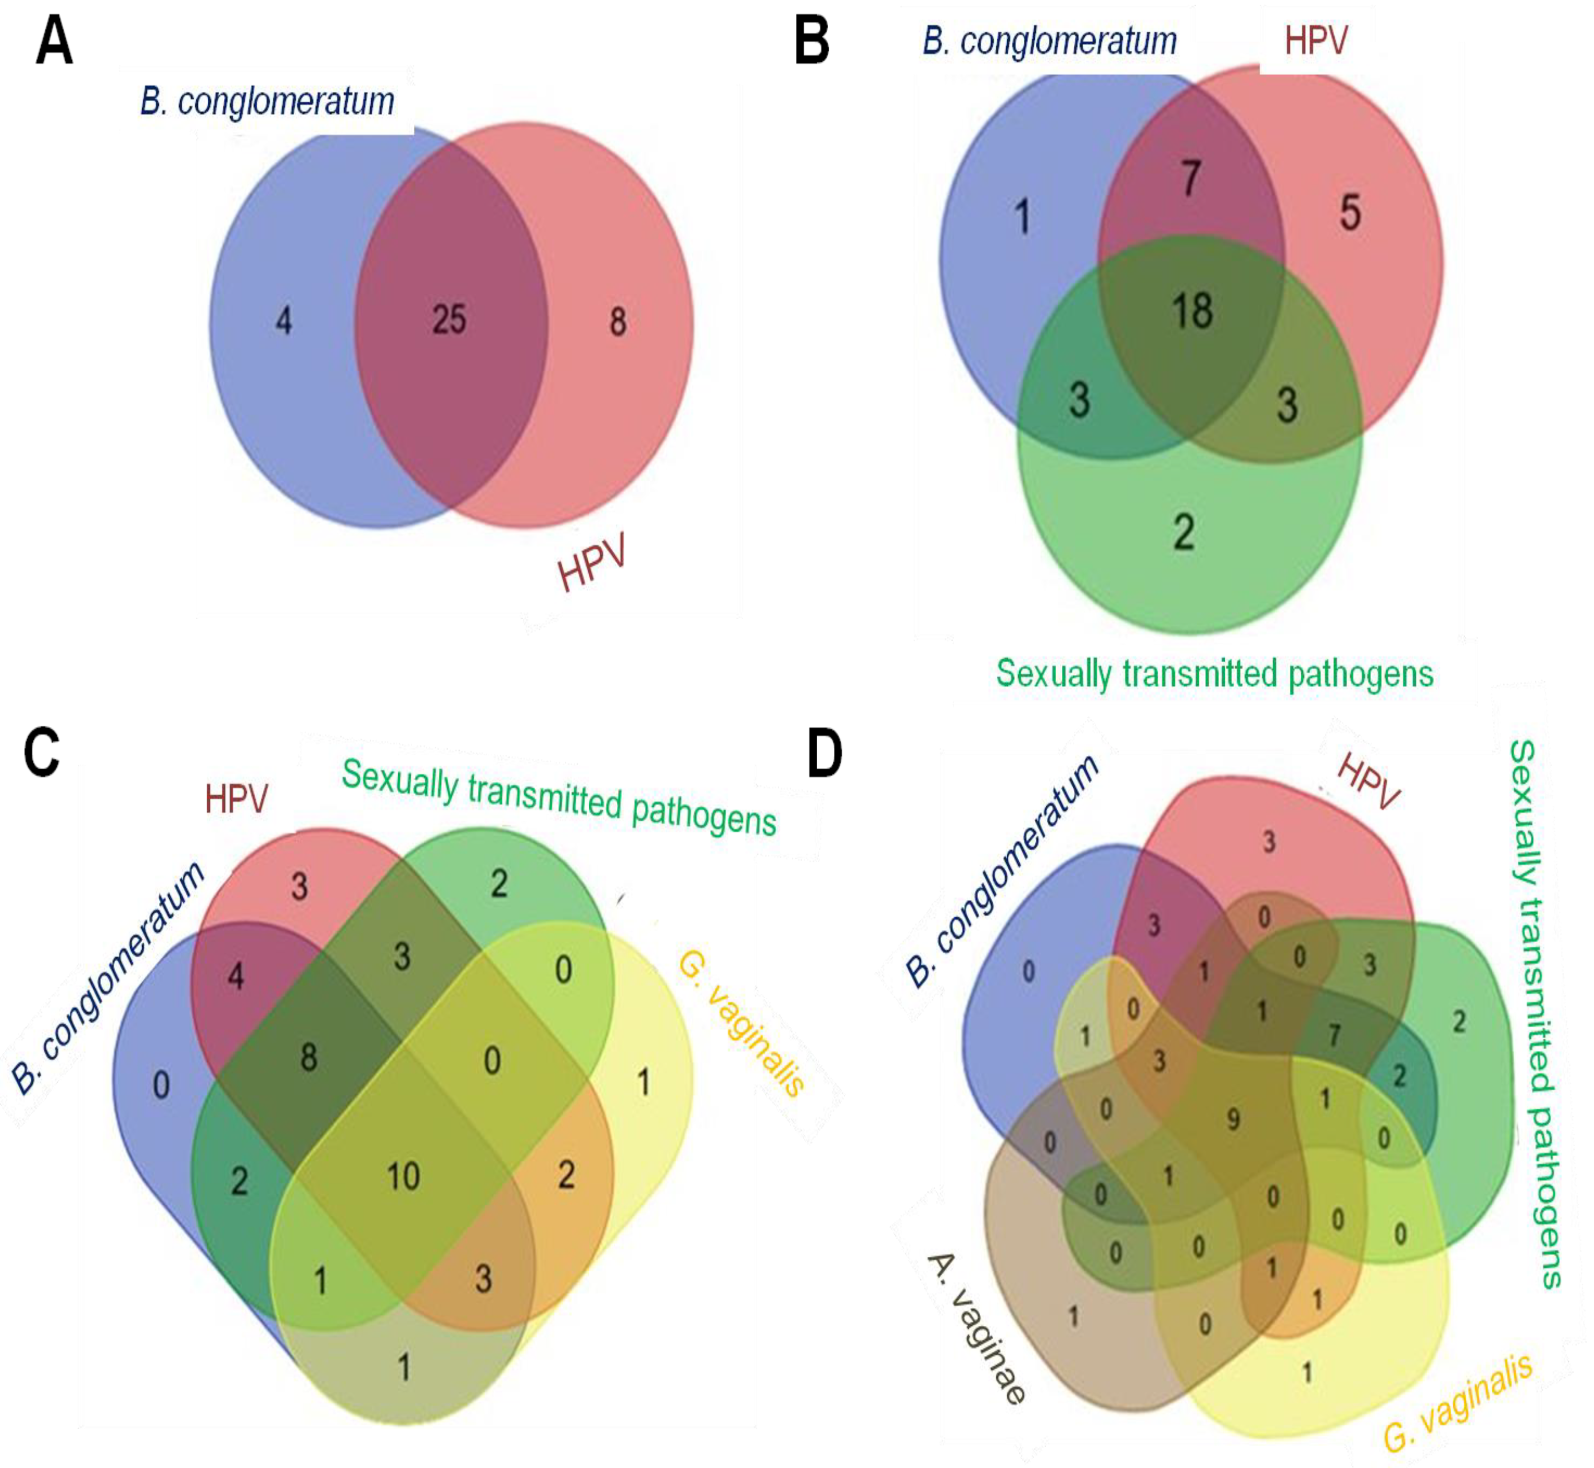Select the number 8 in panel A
[x=617, y=322]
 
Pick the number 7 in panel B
[x=1190, y=178]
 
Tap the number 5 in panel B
[x=1350, y=213]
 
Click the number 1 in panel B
[x=1023, y=217]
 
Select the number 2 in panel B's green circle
[x=1184, y=532]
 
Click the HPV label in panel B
[x=1316, y=42]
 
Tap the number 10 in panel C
[x=403, y=1176]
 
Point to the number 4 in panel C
[x=235, y=976]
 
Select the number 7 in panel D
[x=1334, y=1035]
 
